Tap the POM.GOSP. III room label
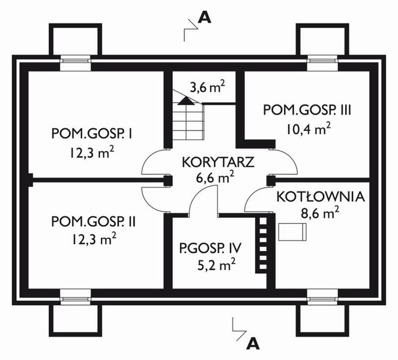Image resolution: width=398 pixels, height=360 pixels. [x=307, y=110]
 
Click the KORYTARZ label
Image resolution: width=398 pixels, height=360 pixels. [x=207, y=163]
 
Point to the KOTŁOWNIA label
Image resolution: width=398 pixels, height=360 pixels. [x=321, y=196]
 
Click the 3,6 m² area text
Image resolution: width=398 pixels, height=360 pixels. [x=207, y=88]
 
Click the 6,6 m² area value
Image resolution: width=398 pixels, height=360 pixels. [x=207, y=178]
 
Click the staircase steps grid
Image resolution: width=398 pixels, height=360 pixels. [x=188, y=123]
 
